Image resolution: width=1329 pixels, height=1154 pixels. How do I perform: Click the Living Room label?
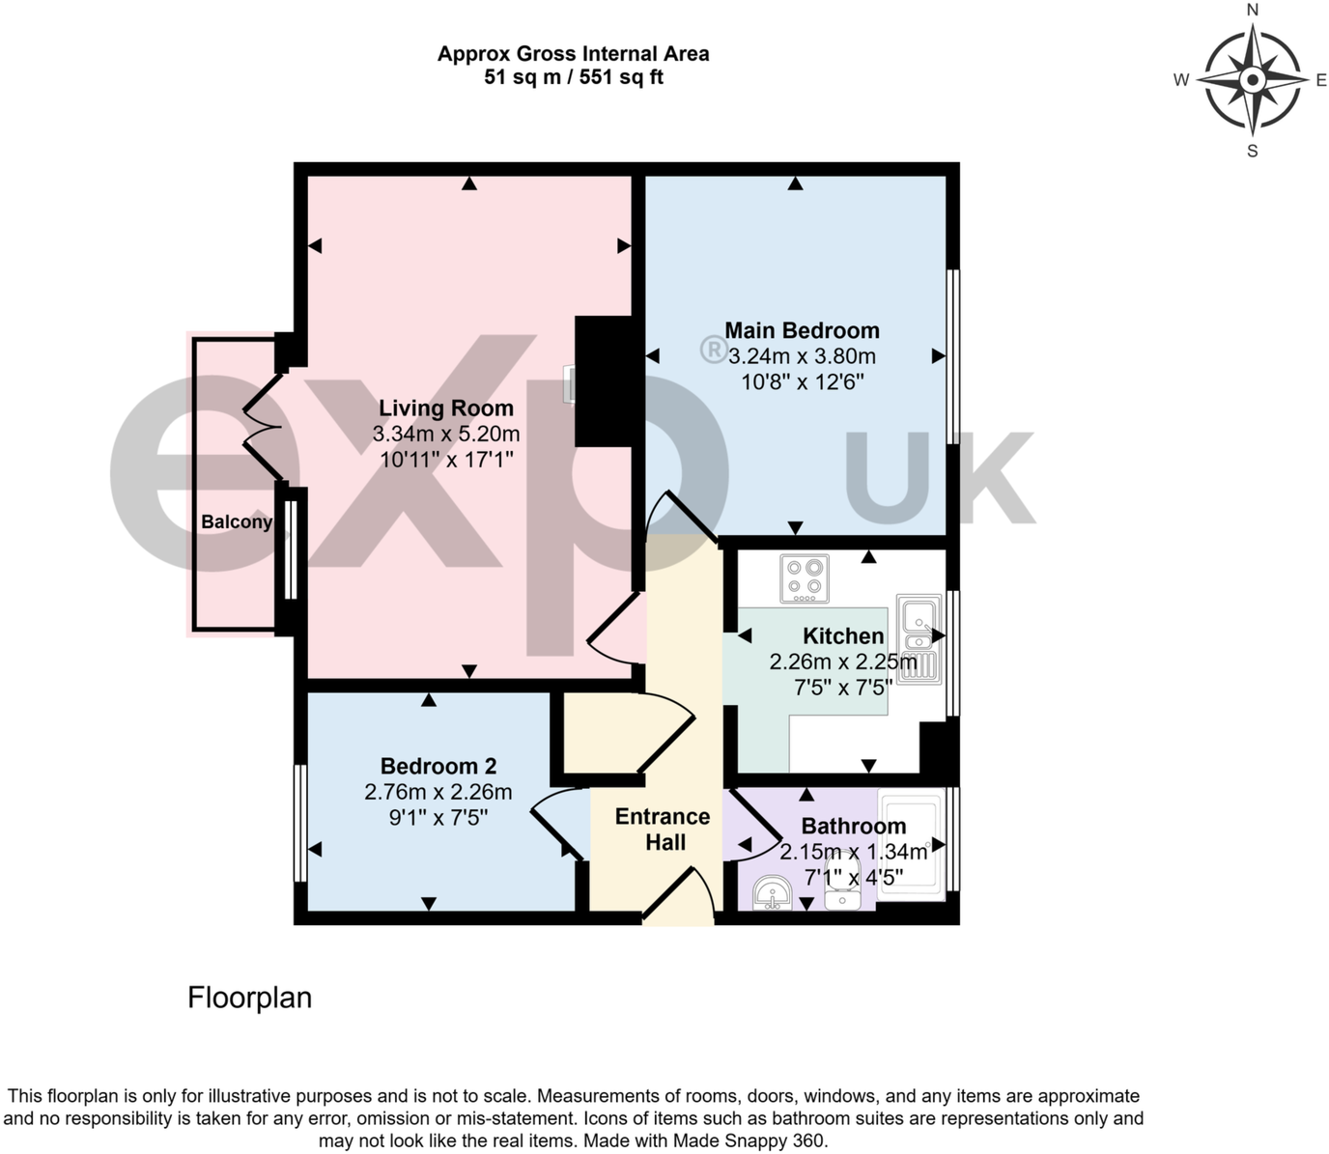click(445, 408)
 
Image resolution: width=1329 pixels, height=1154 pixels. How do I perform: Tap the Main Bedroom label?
click(802, 331)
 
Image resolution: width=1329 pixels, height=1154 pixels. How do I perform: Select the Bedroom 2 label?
click(438, 767)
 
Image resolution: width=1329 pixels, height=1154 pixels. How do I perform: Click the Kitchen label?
click(843, 636)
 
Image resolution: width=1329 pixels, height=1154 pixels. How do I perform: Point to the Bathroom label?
click(854, 827)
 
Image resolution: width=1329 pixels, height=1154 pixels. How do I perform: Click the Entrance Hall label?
click(663, 830)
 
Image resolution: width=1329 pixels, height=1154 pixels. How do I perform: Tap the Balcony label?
click(236, 522)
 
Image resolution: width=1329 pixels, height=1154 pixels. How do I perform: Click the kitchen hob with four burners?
click(805, 578)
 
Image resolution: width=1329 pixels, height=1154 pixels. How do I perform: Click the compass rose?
click(1252, 79)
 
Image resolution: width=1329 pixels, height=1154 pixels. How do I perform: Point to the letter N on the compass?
click(1253, 11)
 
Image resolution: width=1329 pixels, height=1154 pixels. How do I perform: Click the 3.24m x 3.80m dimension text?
click(802, 356)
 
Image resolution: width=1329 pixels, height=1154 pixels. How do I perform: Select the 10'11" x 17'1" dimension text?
click(446, 460)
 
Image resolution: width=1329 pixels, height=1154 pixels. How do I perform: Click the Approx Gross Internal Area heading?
click(573, 54)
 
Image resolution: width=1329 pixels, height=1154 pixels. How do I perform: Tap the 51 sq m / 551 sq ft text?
click(573, 78)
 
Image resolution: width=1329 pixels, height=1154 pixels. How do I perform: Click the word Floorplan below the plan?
click(249, 998)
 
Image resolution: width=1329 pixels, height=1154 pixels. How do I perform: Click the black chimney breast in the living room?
click(604, 380)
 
